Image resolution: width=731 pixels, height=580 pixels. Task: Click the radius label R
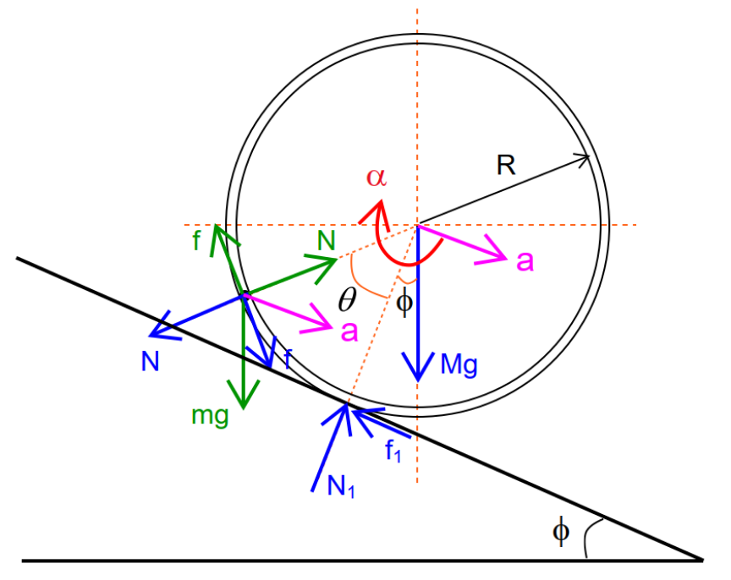point(506,165)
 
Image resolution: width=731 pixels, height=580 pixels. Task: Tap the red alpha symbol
point(376,177)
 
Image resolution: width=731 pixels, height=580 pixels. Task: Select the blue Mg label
point(459,364)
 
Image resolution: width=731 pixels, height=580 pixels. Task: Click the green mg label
point(210,415)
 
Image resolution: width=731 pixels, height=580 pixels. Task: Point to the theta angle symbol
point(348,299)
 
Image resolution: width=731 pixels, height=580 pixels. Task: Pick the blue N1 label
point(341,487)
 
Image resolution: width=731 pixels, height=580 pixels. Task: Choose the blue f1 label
point(393,451)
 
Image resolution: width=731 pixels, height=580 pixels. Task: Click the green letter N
point(326,240)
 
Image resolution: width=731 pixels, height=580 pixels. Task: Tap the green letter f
point(197,240)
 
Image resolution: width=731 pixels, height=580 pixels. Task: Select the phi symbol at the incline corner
point(561,531)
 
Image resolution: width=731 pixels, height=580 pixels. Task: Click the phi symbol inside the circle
point(404,304)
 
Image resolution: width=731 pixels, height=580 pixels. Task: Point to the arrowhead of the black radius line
point(585,159)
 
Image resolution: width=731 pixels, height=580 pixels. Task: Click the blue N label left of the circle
point(150,362)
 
